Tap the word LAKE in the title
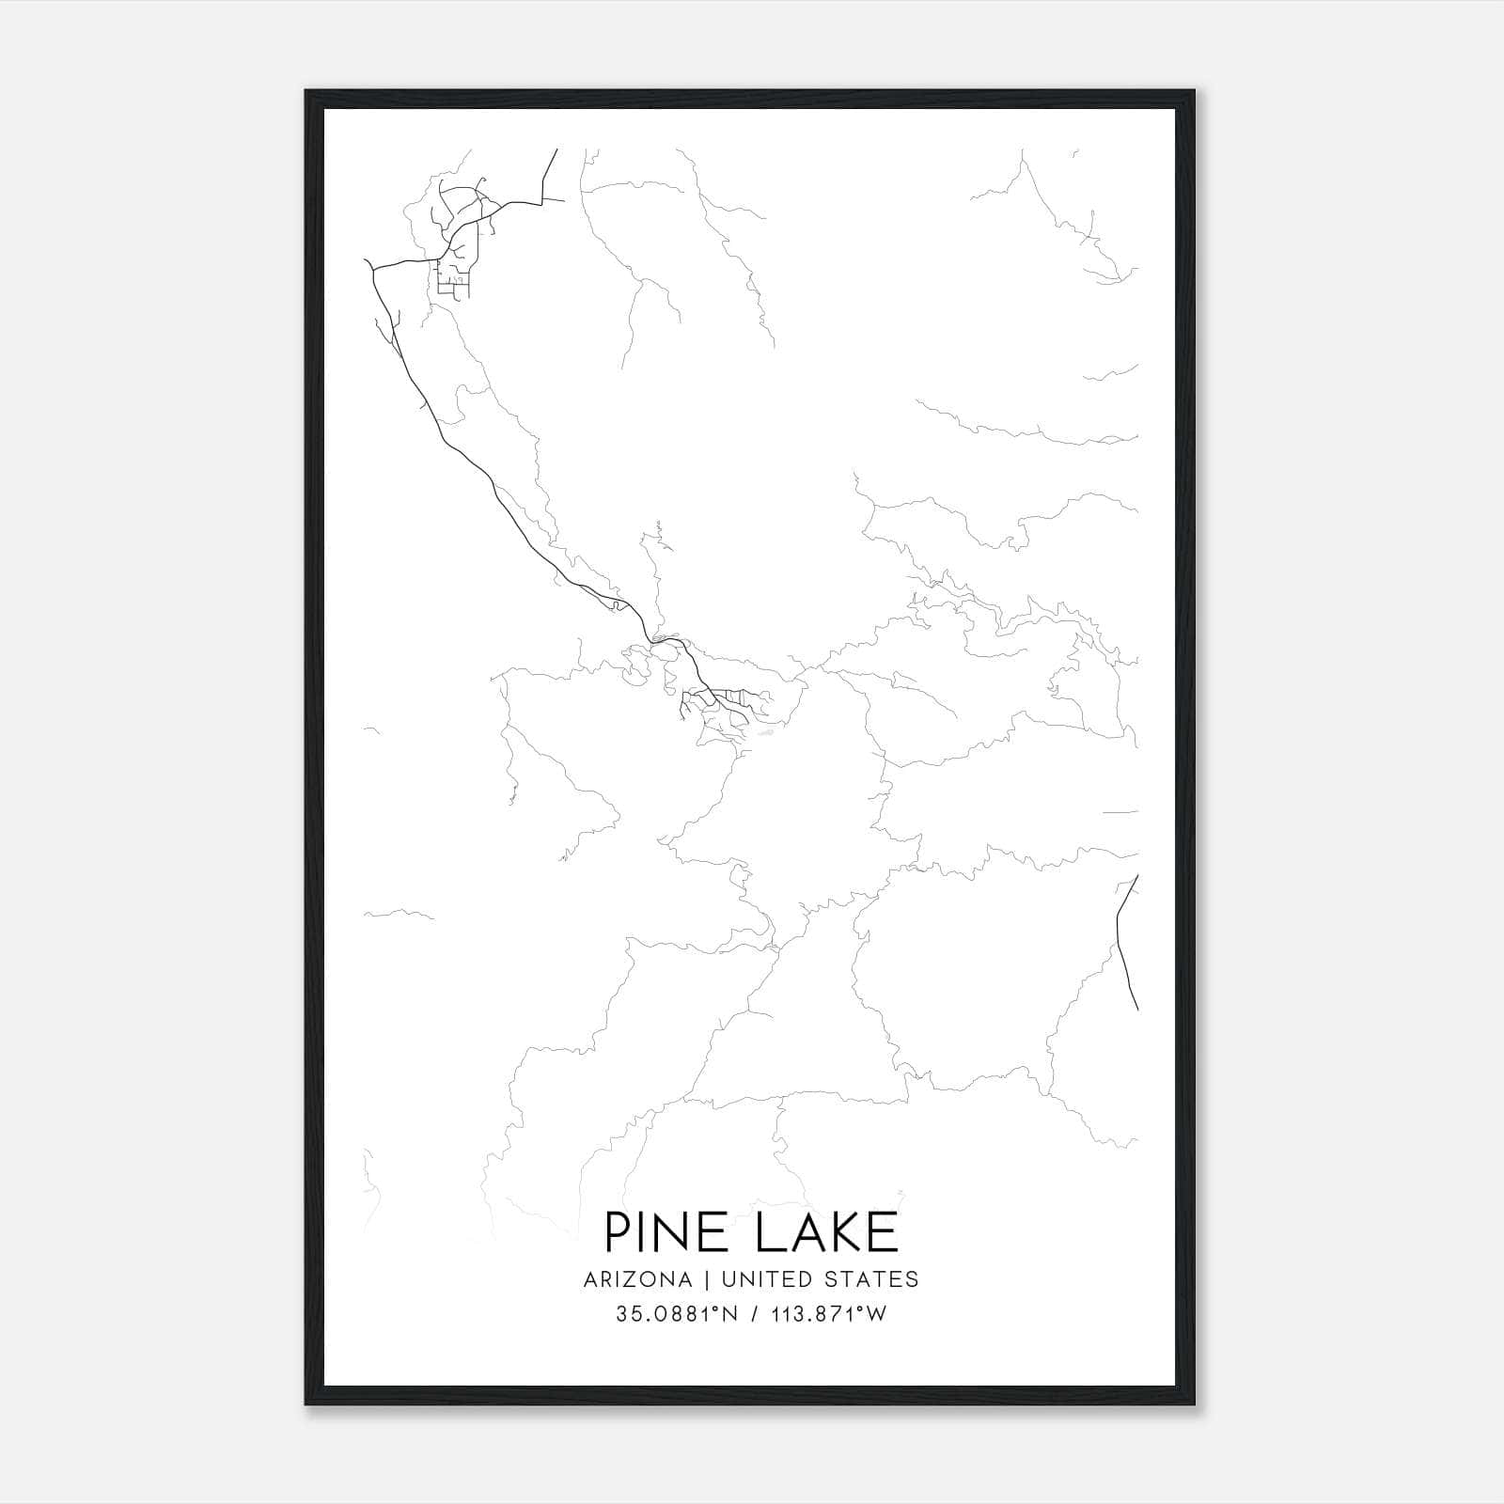(x=826, y=1232)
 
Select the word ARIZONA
(x=637, y=1279)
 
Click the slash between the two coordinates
(x=751, y=1314)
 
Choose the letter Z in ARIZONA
(x=629, y=1279)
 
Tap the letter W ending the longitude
(x=876, y=1314)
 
